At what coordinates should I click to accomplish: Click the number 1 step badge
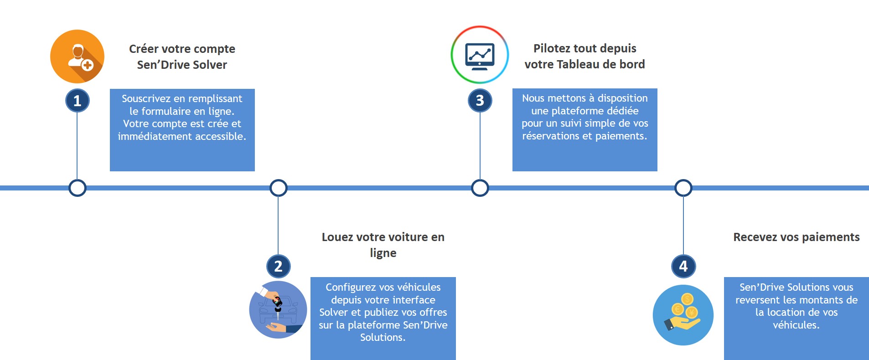click(78, 101)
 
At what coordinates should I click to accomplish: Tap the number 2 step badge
click(278, 266)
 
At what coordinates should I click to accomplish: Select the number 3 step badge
click(480, 101)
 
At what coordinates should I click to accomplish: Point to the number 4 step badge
click(683, 266)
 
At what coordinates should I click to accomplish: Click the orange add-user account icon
click(78, 57)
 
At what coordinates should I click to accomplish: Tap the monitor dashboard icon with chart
click(480, 55)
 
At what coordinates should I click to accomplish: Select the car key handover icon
click(278, 310)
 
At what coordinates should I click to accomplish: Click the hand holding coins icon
click(683, 315)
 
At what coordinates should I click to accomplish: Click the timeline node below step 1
click(78, 188)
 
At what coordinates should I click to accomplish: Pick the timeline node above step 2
click(278, 188)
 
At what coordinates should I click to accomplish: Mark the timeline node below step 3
click(480, 188)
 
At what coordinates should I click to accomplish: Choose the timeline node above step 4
click(683, 188)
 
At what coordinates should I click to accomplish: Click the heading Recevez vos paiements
click(796, 237)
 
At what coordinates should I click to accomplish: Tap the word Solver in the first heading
click(210, 65)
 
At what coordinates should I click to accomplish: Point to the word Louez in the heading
click(337, 237)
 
